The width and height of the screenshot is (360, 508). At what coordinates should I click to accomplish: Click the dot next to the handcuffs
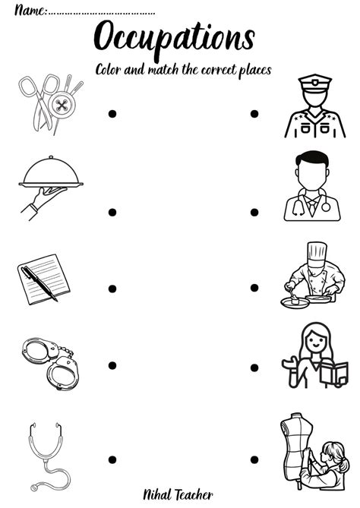coord(112,365)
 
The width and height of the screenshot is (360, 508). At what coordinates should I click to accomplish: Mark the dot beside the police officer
coord(254,114)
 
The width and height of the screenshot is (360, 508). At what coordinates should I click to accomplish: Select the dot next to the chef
coord(254,289)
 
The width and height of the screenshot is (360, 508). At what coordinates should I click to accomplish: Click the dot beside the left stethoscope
coord(112,459)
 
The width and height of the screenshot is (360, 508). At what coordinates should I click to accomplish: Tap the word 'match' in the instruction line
coord(166,69)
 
